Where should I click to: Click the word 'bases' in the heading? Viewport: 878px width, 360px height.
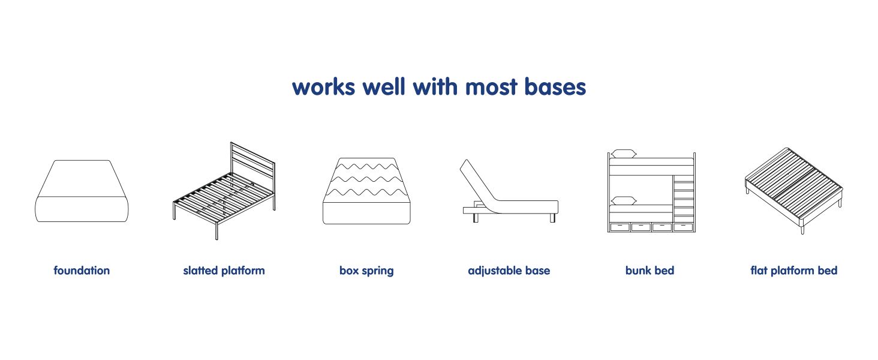(555, 86)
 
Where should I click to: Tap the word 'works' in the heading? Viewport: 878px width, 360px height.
(324, 86)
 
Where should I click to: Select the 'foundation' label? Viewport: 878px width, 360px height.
(82, 270)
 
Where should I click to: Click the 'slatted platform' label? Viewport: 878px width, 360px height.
(224, 271)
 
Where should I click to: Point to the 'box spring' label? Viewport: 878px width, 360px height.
(366, 271)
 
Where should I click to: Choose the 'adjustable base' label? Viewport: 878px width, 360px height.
(509, 271)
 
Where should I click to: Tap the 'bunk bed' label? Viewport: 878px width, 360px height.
(650, 270)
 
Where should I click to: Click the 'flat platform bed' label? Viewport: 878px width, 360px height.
(793, 271)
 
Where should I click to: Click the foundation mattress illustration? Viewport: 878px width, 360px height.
(82, 191)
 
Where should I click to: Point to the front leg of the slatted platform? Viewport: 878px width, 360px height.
(217, 230)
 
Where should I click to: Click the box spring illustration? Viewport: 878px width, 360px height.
(366, 191)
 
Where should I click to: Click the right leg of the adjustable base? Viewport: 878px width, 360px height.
(552, 218)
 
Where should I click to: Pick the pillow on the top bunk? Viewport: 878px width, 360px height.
(624, 154)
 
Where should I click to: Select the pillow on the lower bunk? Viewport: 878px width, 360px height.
(624, 200)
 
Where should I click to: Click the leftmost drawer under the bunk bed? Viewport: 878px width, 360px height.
(620, 227)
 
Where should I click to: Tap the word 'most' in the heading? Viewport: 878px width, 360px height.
(491, 86)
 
